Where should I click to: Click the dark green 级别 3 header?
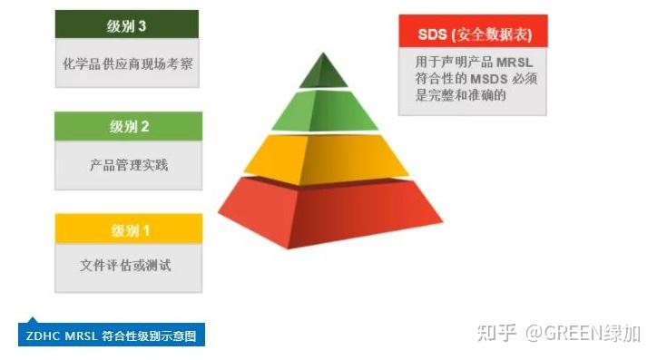(127, 25)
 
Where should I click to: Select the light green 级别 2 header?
(128, 126)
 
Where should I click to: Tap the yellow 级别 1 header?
(128, 229)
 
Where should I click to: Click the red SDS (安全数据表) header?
(473, 34)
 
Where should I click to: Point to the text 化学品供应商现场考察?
(128, 65)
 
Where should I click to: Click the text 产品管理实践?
(128, 165)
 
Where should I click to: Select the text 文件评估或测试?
(128, 266)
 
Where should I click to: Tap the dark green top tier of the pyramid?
(323, 73)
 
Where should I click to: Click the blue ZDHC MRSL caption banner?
(112, 336)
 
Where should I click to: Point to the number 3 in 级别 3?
(143, 25)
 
